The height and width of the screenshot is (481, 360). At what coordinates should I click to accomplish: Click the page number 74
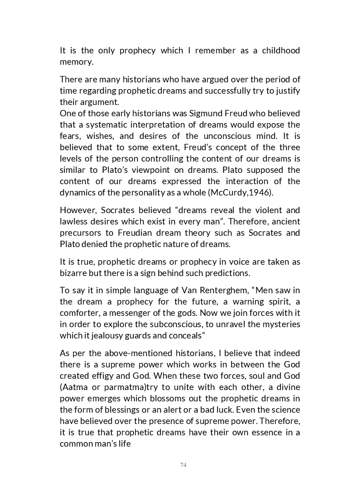(183, 465)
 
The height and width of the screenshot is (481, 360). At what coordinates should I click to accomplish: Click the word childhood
(281, 50)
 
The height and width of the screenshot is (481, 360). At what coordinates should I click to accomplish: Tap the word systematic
(103, 124)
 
